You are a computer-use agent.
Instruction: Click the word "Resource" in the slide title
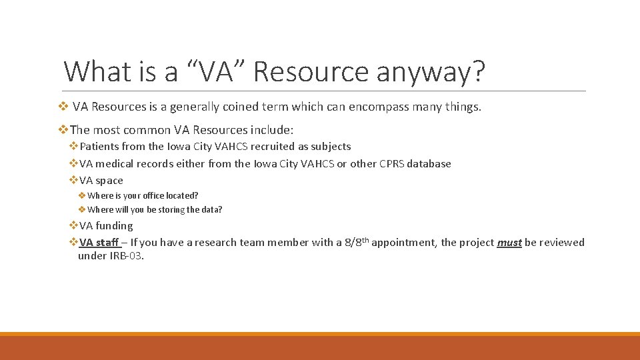311,71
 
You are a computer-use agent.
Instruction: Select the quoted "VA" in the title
216,71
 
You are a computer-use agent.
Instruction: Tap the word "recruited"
273,147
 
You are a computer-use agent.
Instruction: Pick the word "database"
429,164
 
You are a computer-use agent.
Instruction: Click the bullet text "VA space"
101,181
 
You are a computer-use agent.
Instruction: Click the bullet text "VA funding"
106,226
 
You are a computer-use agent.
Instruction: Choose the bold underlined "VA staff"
99,243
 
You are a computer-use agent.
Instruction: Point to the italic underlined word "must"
509,243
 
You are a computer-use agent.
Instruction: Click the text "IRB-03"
126,256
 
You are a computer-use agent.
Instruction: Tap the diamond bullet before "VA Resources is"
63,107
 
